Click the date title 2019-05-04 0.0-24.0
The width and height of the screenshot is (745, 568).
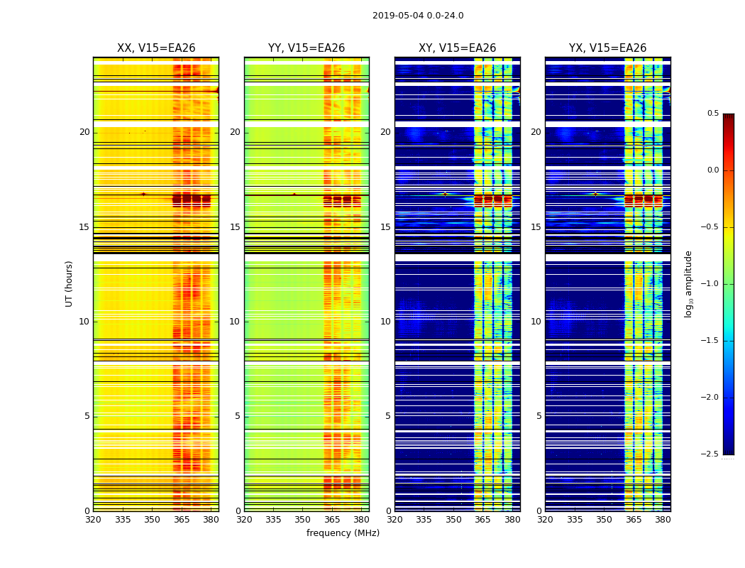tap(418, 16)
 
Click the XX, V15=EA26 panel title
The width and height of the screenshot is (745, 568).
tap(156, 48)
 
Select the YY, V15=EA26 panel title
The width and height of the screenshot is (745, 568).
tap(307, 48)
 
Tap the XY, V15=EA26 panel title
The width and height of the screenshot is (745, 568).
tap(457, 48)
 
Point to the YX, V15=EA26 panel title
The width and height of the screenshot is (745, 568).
tap(607, 48)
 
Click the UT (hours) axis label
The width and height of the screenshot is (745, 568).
tap(70, 283)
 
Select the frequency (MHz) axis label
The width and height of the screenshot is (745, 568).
tap(343, 533)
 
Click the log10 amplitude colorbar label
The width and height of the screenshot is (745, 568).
tap(688, 283)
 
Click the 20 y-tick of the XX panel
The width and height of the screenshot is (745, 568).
tap(84, 132)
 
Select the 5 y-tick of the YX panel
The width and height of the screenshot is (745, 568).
tap(539, 416)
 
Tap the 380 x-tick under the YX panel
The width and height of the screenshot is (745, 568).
tap(663, 520)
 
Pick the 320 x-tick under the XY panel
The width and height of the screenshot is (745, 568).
tap(394, 520)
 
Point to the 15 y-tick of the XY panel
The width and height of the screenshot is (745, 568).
tap(385, 227)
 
